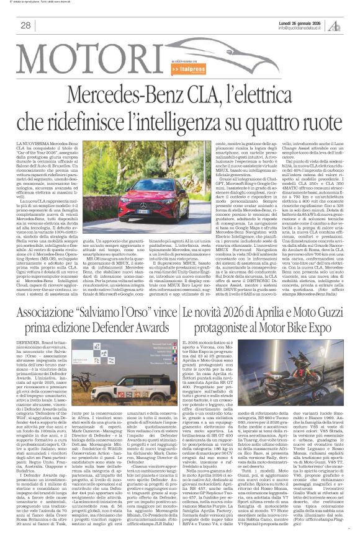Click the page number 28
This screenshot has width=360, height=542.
click(x=26, y=25)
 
